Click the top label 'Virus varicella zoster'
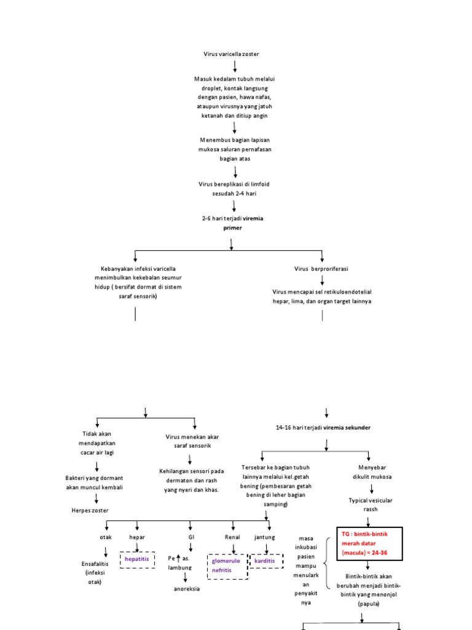click(x=231, y=54)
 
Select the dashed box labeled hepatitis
click(x=137, y=559)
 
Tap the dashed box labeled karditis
click(x=265, y=561)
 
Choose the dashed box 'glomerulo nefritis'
click(x=227, y=565)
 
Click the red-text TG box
click(x=369, y=544)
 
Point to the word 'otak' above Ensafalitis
click(x=106, y=537)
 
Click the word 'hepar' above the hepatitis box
click(x=137, y=537)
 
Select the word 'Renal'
click(x=232, y=537)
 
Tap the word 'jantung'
click(x=265, y=537)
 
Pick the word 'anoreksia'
click(x=187, y=589)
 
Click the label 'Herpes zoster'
click(x=90, y=510)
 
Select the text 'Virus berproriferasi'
click(x=321, y=269)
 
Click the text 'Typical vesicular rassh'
click(x=371, y=504)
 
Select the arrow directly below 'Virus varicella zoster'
click(x=235, y=66)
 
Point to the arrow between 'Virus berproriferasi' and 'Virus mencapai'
click(x=322, y=281)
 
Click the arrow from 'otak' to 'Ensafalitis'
click(x=106, y=552)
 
